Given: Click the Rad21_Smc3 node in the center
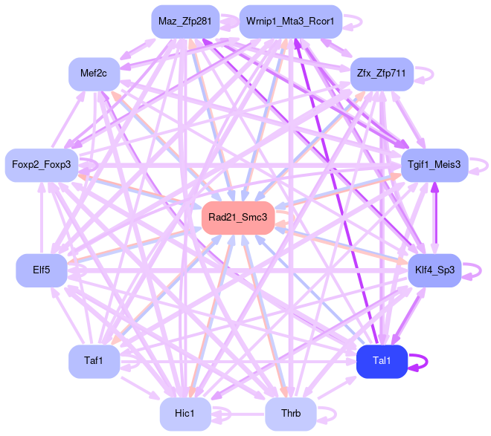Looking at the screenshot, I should (238, 217).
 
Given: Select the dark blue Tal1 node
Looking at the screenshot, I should (382, 361).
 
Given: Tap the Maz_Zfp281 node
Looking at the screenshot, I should (184, 22).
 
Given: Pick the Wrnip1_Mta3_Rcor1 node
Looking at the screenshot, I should (290, 22).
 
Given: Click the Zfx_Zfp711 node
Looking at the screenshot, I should (382, 74).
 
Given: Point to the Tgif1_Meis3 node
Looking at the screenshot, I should (434, 163).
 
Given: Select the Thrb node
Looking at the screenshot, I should (291, 414).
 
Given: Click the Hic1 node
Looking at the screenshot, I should (184, 414).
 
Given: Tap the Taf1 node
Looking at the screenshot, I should (94, 361).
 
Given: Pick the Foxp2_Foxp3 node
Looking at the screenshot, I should (41, 164).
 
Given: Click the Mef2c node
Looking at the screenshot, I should (94, 74).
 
